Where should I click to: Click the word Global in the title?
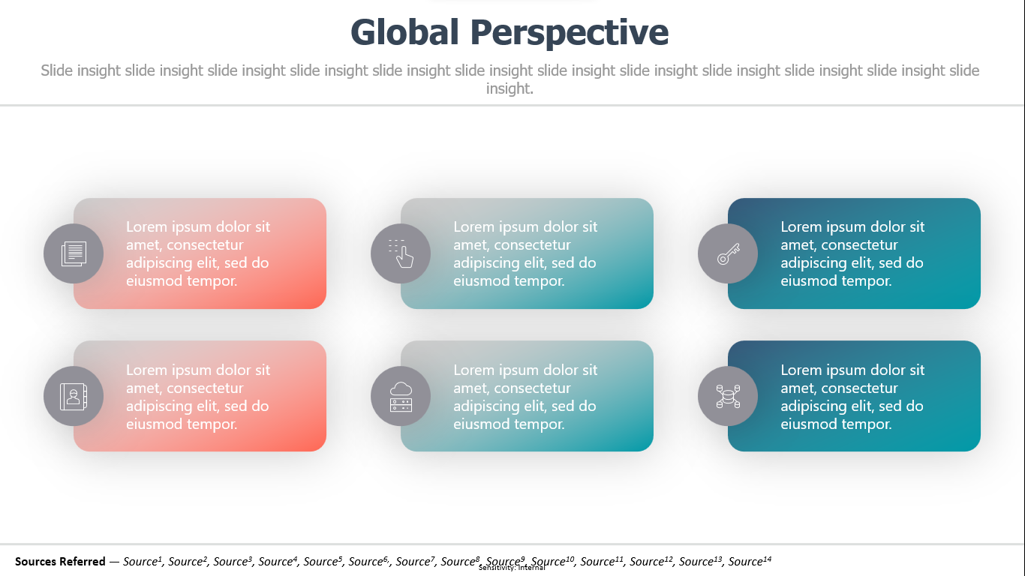pos(404,32)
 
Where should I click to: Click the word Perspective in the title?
pos(570,33)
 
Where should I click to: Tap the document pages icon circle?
pos(74,253)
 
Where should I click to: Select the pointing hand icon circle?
pos(401,253)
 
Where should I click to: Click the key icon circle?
pos(728,253)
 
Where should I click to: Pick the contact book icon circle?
pos(74,396)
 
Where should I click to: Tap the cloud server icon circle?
pos(401,396)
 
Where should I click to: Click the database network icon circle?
pos(728,396)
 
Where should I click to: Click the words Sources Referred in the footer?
pos(60,561)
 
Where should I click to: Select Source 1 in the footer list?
pos(143,561)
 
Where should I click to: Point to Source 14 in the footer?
pos(750,561)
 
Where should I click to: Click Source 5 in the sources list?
pos(323,561)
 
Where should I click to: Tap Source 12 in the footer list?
pos(651,561)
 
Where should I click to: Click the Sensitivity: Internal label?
pos(512,568)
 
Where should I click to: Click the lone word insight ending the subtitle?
pos(509,88)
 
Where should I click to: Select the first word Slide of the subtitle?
pos(57,70)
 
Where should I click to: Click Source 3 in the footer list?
pos(233,561)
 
